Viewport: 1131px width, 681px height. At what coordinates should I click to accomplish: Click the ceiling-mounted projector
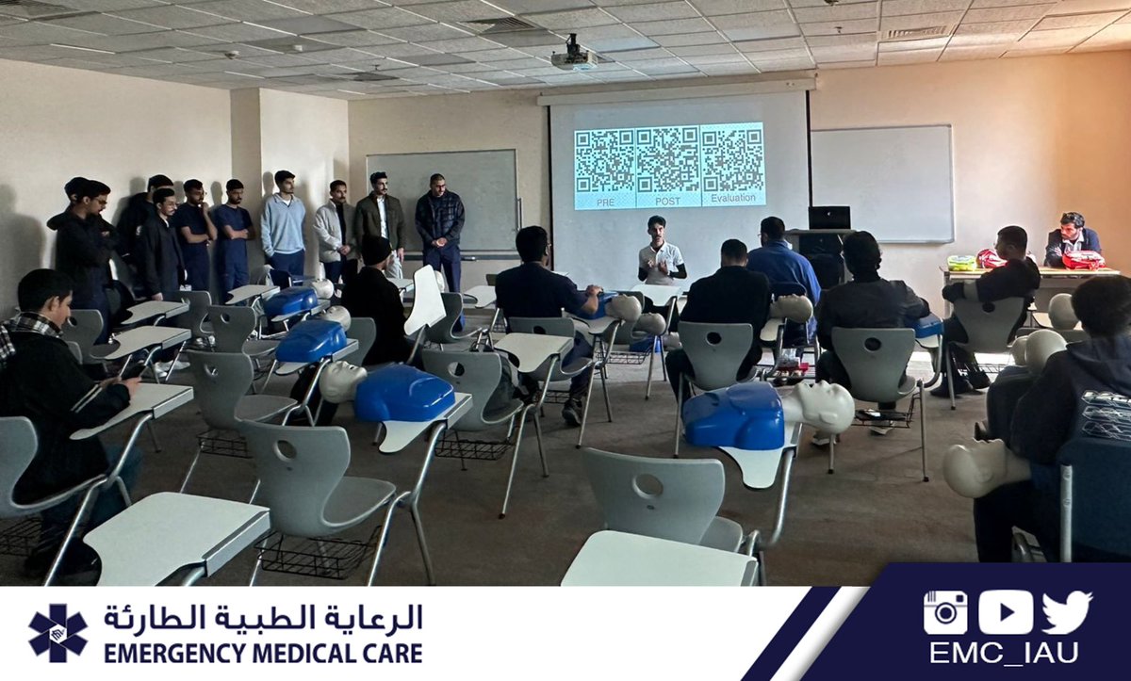click(573, 57)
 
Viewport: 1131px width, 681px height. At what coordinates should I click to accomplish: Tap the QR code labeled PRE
click(605, 160)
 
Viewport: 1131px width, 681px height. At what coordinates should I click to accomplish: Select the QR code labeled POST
click(667, 160)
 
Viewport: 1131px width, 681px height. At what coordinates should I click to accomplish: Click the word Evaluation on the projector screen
click(732, 200)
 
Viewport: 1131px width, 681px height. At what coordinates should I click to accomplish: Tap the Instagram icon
click(944, 612)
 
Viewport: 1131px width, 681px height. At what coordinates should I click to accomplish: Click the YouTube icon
click(1005, 612)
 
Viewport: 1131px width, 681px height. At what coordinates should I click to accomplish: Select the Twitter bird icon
click(1067, 612)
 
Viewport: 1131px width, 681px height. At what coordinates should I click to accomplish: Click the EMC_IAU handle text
click(1004, 653)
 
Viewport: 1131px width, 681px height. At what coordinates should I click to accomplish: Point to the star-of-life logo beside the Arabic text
click(57, 633)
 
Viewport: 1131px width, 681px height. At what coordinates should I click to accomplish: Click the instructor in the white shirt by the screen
click(661, 251)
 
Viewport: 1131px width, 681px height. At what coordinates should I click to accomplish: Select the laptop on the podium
click(828, 218)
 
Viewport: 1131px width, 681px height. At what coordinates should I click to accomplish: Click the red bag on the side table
click(1083, 259)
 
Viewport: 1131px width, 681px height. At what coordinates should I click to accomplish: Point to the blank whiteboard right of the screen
click(881, 183)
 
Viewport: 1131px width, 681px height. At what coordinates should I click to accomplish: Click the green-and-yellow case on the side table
click(961, 263)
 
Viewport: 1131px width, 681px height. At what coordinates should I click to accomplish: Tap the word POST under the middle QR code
click(667, 201)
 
